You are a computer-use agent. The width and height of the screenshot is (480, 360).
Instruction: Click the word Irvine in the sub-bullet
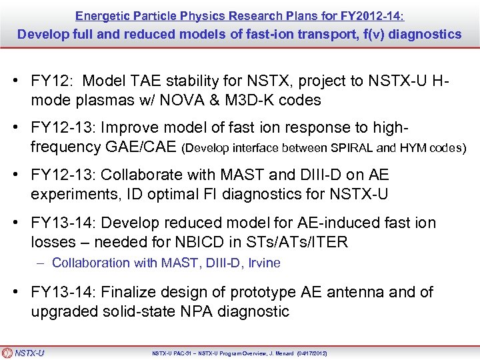pyautogui.click(x=263, y=263)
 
